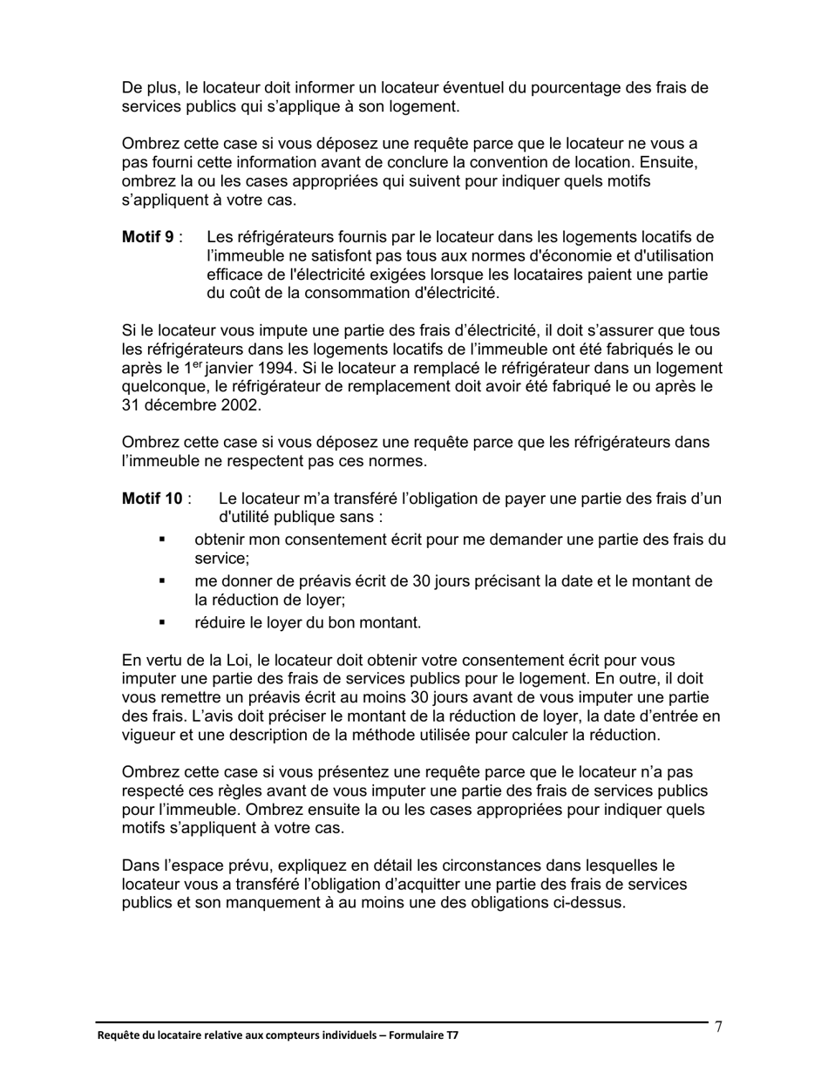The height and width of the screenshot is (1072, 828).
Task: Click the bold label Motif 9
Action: (147, 237)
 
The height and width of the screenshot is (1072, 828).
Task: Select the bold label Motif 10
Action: (152, 499)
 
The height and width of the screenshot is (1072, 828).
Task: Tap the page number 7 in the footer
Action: (718, 1027)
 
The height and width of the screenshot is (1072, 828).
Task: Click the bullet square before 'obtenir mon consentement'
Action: (162, 540)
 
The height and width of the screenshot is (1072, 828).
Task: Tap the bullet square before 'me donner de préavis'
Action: (162, 581)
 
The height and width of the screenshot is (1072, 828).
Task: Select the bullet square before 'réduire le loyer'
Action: (162, 622)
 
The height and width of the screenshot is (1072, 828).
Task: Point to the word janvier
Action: (207, 368)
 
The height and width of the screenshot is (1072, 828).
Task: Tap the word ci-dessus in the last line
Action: (591, 903)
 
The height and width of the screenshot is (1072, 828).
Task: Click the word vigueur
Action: (150, 735)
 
